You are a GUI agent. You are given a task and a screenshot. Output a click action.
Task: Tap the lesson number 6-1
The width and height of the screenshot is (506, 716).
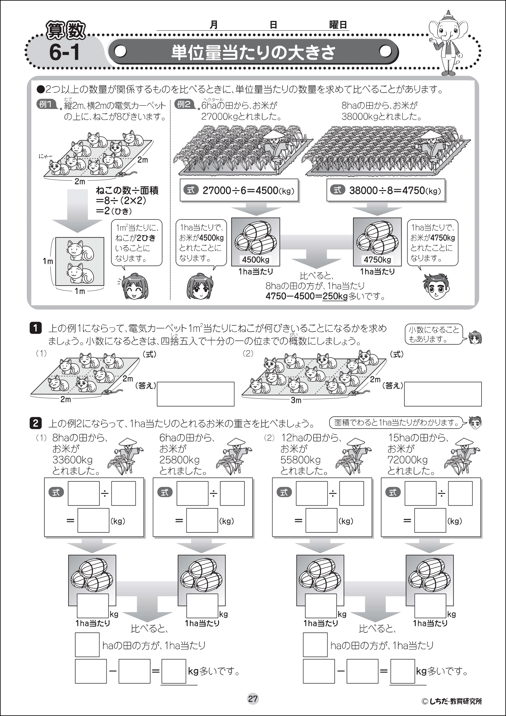(x=64, y=52)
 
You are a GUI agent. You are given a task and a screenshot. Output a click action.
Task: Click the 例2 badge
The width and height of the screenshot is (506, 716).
(x=184, y=104)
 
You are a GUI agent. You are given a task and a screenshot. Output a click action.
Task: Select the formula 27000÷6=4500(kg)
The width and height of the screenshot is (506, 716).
(x=239, y=190)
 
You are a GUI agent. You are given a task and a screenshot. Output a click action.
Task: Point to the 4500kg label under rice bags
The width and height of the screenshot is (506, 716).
(x=255, y=260)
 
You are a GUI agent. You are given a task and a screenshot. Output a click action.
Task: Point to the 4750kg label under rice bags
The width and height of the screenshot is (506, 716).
(x=377, y=260)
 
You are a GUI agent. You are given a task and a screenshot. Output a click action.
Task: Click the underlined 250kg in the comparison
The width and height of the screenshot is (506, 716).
(x=335, y=296)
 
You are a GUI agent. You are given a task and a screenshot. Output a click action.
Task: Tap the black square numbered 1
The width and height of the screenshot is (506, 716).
(x=35, y=328)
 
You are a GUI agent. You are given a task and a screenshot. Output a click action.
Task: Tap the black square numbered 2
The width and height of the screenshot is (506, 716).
(x=35, y=423)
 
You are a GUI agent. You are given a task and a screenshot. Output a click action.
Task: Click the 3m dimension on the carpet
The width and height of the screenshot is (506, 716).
(x=296, y=400)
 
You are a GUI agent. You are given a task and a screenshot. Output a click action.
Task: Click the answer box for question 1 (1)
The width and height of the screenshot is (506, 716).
(x=195, y=394)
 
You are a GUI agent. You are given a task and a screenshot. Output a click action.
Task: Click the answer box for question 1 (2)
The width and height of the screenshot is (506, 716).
(x=442, y=394)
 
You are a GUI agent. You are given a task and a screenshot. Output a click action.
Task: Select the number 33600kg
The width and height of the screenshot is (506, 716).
(x=72, y=460)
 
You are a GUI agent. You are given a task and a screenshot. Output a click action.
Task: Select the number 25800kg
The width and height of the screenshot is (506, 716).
(x=179, y=460)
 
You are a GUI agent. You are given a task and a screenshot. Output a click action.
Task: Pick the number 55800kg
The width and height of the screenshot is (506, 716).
(x=300, y=460)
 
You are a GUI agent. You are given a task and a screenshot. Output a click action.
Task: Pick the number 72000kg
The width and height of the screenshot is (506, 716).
(x=407, y=460)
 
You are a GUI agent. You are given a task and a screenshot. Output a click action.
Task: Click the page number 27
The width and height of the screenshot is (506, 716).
(x=253, y=699)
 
